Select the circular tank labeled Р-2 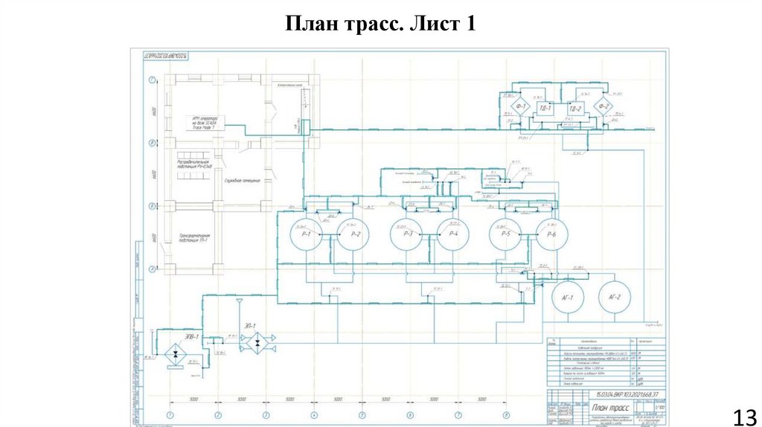[353, 235]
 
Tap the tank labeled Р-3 [406, 235]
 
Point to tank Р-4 [452, 235]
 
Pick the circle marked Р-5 [505, 235]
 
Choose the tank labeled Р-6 [551, 235]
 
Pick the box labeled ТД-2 [574, 109]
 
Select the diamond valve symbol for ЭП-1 [257, 343]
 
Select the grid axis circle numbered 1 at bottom [170, 414]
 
